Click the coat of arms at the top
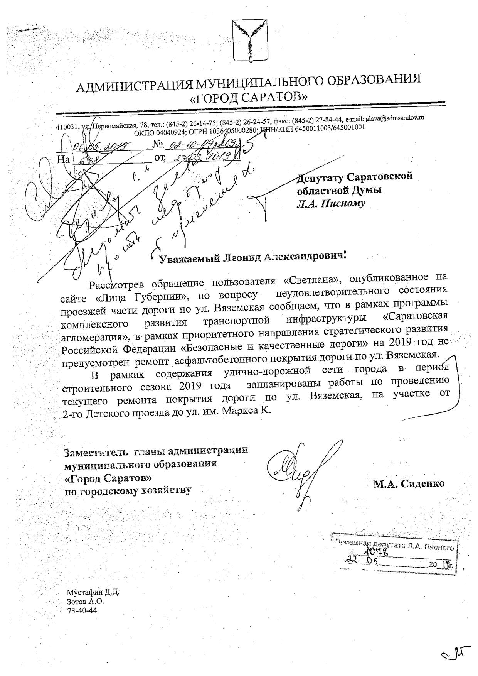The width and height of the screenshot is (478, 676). tap(250, 42)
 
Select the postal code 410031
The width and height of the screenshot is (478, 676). tap(68, 127)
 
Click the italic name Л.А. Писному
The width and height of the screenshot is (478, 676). tap(330, 204)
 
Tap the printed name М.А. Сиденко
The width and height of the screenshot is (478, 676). tap(409, 483)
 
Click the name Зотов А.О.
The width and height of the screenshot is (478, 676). tap(86, 602)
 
